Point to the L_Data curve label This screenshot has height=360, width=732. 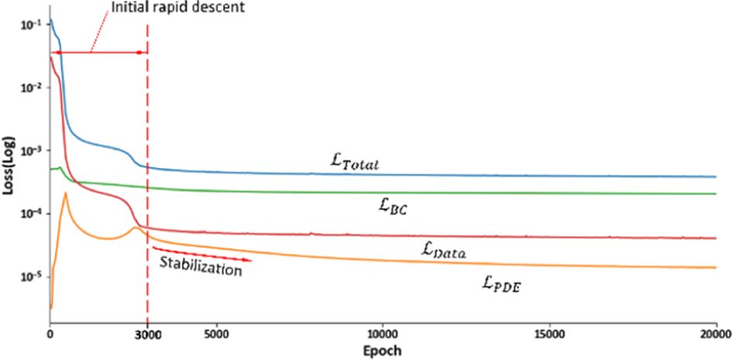tap(449, 249)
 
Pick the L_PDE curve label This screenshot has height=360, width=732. tap(500, 285)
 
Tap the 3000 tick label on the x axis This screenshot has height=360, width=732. tap(147, 334)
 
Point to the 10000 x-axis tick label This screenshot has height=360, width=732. tap(382, 334)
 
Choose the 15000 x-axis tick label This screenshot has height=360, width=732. tap(548, 334)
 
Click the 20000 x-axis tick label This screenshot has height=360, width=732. tap(714, 334)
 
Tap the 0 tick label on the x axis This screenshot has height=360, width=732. tap(50, 334)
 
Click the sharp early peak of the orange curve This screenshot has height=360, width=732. tap(67, 193)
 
